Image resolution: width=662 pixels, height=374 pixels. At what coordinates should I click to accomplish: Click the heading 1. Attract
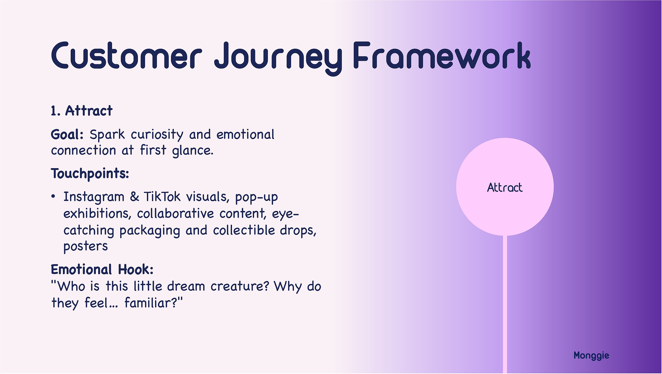[82, 111]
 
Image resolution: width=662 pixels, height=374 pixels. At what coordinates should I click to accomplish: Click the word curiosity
[157, 135]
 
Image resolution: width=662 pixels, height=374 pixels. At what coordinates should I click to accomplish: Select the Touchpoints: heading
[90, 174]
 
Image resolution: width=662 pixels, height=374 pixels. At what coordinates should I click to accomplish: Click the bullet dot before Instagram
[53, 197]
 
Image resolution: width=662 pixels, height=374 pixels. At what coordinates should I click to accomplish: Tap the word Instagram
[94, 197]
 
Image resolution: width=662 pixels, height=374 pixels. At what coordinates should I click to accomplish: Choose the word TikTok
[162, 197]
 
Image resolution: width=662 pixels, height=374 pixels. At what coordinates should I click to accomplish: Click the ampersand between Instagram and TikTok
[134, 197]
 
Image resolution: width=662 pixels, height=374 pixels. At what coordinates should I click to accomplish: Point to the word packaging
[150, 231]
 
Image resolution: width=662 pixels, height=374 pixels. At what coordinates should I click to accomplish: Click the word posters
[86, 246]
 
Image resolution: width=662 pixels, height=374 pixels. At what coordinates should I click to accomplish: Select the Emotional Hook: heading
[102, 270]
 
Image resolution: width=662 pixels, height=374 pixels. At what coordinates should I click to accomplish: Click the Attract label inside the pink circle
[505, 187]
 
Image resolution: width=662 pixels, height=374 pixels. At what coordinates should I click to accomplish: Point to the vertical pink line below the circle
[505, 304]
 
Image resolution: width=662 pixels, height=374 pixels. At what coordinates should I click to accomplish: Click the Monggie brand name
[591, 356]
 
